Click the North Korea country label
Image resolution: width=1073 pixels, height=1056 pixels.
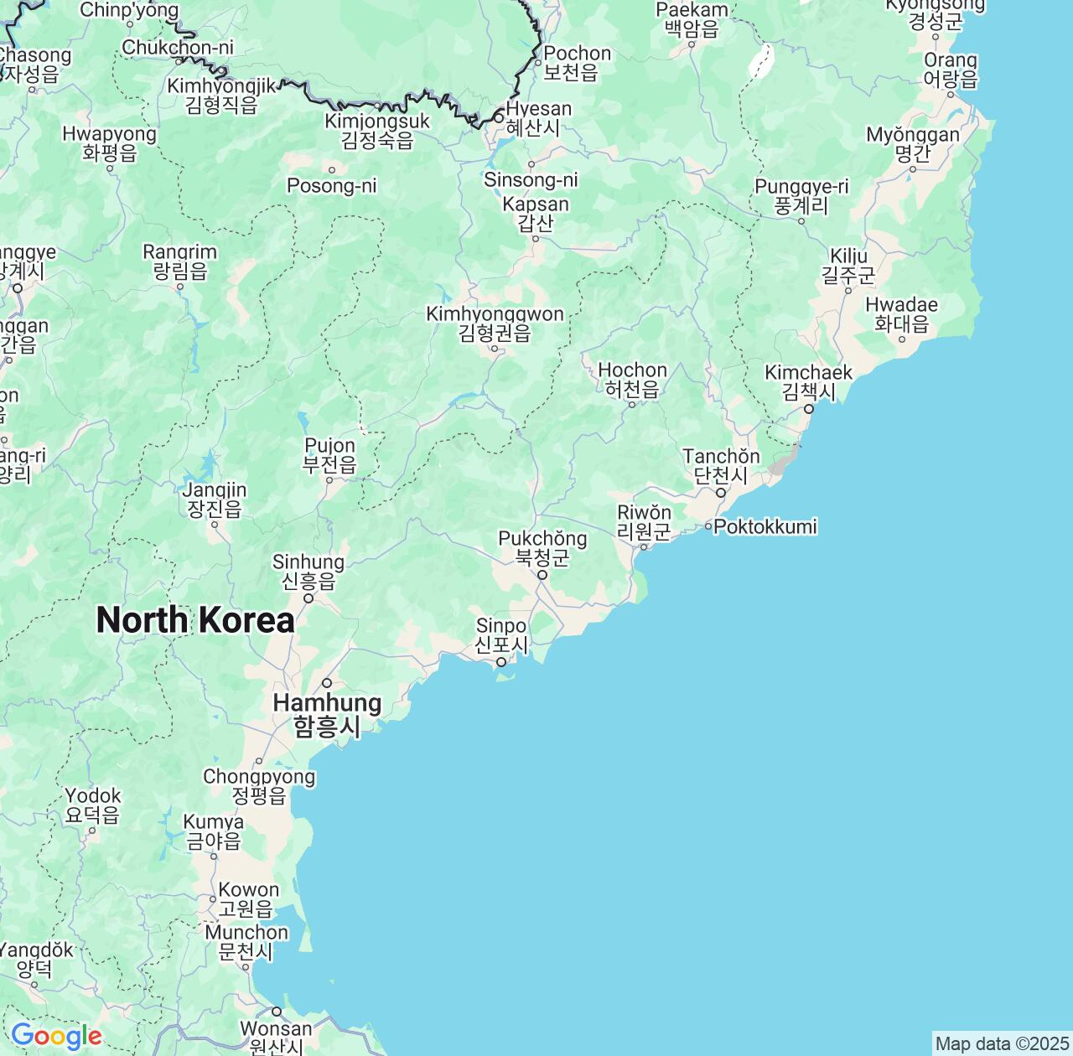[x=195, y=620]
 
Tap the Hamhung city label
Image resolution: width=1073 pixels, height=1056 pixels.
[x=327, y=714]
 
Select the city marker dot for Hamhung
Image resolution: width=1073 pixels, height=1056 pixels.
[x=328, y=682]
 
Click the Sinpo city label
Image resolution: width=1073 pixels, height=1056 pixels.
[x=501, y=635]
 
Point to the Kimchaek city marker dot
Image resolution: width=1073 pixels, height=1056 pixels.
[x=809, y=409]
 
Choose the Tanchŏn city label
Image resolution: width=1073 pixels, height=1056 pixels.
[x=721, y=465]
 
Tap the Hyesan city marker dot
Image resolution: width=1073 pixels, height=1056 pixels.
[x=499, y=118]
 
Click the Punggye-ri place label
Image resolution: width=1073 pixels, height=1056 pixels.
[x=801, y=196]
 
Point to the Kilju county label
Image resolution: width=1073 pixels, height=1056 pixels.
[x=848, y=265]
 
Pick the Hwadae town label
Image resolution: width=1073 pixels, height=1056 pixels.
[x=902, y=313]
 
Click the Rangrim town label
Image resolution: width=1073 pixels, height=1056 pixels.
[x=179, y=261]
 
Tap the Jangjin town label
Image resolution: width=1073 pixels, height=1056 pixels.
[x=215, y=500]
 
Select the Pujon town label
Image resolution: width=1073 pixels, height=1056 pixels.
[x=329, y=455]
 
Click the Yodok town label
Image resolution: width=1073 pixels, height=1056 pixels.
[x=93, y=805]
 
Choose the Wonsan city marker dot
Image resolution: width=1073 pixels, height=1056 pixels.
[x=277, y=1011]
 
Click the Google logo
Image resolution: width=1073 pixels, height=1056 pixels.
[x=56, y=1037]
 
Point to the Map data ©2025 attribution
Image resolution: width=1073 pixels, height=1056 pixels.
[x=1001, y=1044]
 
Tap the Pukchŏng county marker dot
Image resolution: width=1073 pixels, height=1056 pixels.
[x=542, y=575]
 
